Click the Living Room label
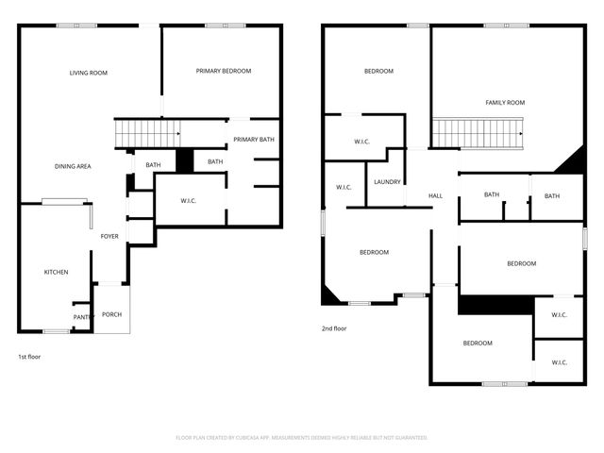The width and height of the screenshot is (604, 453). (x=89, y=73)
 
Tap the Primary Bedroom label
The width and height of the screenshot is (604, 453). (x=223, y=71)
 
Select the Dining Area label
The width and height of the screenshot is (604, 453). (x=73, y=166)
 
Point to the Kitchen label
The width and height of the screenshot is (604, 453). (x=56, y=272)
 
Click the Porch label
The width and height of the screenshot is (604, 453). (x=111, y=314)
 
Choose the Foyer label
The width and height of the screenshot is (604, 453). (x=109, y=236)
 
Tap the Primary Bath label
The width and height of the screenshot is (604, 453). (x=254, y=140)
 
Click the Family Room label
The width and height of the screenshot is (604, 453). (x=505, y=102)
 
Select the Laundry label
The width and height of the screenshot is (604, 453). (x=387, y=182)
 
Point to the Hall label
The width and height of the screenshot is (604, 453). (x=435, y=195)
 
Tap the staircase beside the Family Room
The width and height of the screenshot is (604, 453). (x=478, y=133)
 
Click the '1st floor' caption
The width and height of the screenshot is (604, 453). (x=29, y=357)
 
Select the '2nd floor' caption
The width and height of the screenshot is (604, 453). (x=334, y=329)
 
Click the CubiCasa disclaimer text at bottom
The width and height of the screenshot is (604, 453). (x=302, y=438)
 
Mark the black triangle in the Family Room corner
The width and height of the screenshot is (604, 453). (x=572, y=162)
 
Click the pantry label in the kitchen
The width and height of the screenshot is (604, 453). (x=82, y=318)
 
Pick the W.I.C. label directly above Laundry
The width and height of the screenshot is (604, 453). (x=361, y=143)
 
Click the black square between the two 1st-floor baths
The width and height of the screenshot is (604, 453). (x=185, y=161)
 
